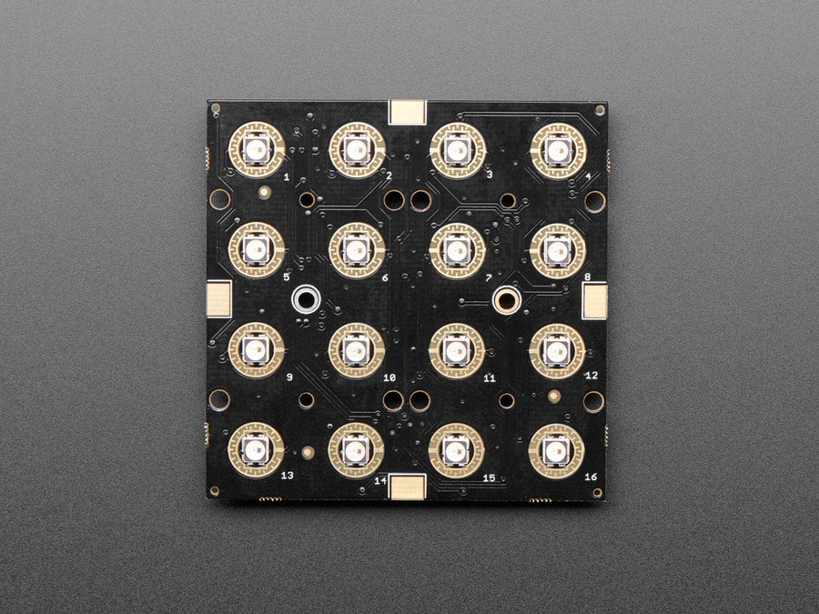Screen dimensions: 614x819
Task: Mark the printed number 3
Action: point(489,175)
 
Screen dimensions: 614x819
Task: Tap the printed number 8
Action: point(588,277)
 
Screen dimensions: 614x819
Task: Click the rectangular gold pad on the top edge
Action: point(407,111)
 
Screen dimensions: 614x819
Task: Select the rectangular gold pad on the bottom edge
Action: point(407,488)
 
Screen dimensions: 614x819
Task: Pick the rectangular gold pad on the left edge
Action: point(219,297)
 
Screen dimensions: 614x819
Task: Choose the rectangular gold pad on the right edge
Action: point(594,299)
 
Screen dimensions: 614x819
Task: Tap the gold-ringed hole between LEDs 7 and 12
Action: point(506,298)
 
